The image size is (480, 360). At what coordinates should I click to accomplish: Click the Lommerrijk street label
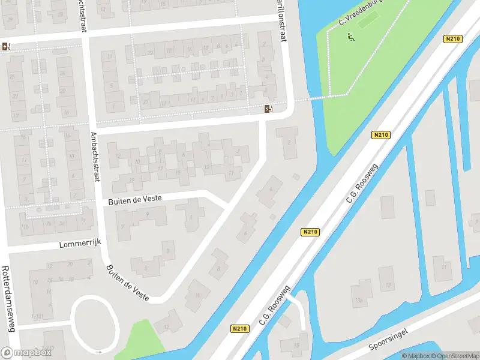click(81, 244)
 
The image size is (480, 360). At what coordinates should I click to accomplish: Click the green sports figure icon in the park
click(351, 38)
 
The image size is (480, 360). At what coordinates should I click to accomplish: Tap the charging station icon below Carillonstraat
click(268, 109)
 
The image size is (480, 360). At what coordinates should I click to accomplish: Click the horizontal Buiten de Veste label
click(135, 201)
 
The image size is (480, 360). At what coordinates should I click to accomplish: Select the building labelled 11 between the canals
click(444, 265)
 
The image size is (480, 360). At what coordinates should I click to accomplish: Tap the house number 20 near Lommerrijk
click(71, 265)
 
